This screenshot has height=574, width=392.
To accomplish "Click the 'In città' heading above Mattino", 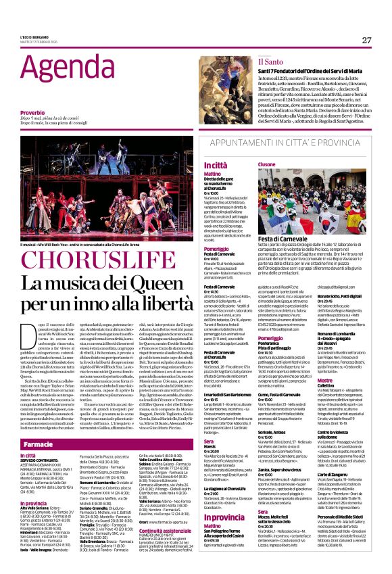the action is click(216, 165).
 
